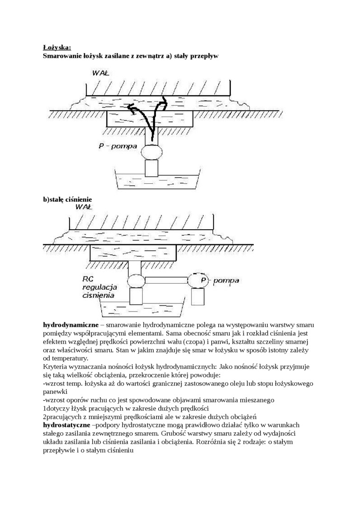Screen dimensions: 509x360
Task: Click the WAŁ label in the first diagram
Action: click(101, 73)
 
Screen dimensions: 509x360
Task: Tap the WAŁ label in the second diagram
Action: click(84, 206)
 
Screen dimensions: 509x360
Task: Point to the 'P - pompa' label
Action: click(117, 146)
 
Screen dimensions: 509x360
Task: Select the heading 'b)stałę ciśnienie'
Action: click(67, 199)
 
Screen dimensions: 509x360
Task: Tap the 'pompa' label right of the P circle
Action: click(226, 281)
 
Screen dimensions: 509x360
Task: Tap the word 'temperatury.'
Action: click(72, 359)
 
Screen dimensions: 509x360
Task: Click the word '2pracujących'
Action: click(63, 417)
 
